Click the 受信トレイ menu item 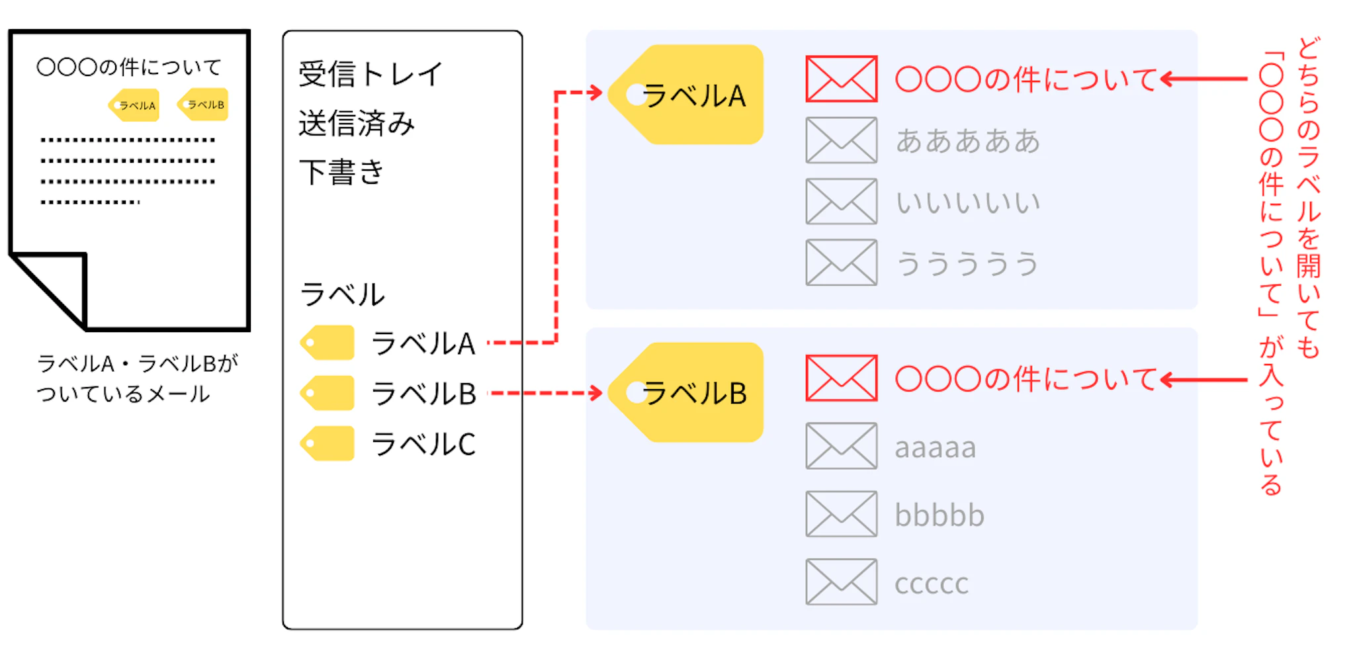point(371,74)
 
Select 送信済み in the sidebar point(357,124)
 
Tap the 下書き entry point(341,173)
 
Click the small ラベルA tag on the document point(134,105)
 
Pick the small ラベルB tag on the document point(204,105)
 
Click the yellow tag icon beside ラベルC point(328,444)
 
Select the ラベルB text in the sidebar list point(423,394)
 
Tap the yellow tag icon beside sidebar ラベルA point(328,343)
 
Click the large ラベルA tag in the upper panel point(688,95)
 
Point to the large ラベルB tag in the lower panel point(688,392)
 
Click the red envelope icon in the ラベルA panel point(841,79)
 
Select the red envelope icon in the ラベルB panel point(841,378)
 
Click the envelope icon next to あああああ point(841,140)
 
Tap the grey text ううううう point(967,263)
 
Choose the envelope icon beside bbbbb point(841,514)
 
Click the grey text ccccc point(932,584)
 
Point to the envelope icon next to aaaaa point(841,446)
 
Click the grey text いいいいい point(967,202)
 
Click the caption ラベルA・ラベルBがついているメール point(137,378)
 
